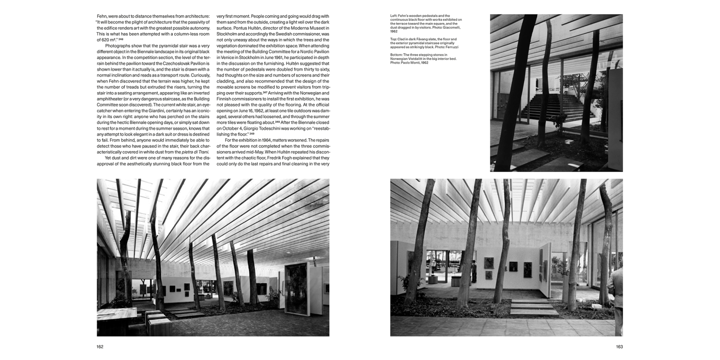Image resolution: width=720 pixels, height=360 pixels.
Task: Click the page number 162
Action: click(x=100, y=347)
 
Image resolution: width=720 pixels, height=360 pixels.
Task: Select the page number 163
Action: click(x=619, y=347)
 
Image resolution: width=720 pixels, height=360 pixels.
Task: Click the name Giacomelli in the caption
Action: click(x=450, y=28)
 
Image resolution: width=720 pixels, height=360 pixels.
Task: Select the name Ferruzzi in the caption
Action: click(x=451, y=48)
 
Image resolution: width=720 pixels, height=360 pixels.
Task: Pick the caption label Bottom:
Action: click(x=396, y=55)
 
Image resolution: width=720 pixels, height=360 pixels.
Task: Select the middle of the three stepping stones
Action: click(x=532, y=306)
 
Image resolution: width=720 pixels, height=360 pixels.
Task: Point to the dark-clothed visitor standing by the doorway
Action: click(x=473, y=272)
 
